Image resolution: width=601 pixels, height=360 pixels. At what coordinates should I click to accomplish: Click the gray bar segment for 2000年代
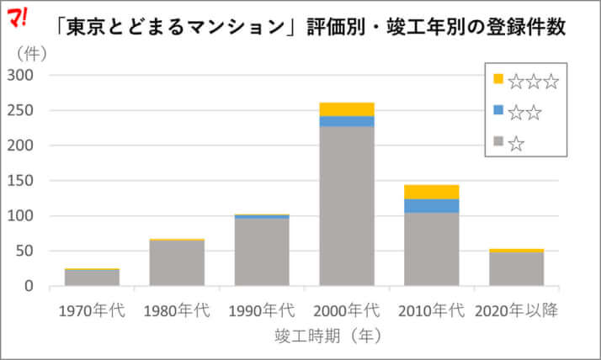(347, 206)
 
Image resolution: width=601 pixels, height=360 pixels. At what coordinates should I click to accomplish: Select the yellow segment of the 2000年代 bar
(347, 109)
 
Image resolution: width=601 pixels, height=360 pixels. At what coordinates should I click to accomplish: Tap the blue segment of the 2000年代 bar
(347, 121)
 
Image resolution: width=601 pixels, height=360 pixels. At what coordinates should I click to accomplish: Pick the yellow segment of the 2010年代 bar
(432, 192)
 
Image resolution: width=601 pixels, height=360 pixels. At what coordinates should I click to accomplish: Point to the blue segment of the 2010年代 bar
(432, 206)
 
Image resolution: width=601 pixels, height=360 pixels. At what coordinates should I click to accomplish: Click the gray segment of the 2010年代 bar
(432, 249)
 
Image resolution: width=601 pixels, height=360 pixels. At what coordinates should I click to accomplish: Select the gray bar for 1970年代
(92, 278)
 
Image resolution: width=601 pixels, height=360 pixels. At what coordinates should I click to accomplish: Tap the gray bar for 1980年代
(177, 263)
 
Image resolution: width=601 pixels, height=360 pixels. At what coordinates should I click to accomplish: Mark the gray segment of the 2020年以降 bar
(517, 269)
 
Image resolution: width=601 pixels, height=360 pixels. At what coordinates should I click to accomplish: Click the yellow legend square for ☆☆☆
(498, 79)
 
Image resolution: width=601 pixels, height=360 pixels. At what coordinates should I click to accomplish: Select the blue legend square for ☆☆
(498, 110)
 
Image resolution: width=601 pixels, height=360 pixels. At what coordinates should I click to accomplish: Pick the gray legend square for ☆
(498, 142)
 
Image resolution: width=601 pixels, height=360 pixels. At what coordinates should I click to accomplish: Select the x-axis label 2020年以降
(517, 310)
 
